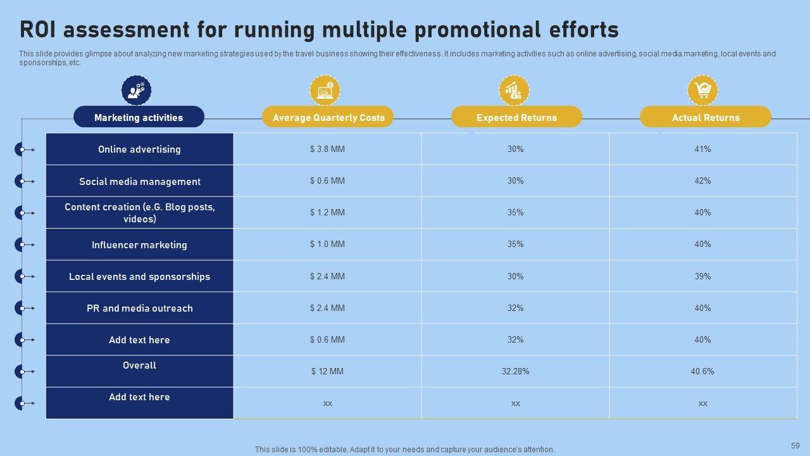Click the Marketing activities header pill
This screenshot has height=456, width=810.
click(139, 117)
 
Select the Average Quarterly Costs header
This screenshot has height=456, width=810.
click(328, 117)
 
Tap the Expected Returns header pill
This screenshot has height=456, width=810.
click(516, 117)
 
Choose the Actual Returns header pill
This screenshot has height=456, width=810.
click(706, 117)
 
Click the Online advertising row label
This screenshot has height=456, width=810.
click(139, 149)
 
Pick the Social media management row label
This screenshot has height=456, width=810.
click(139, 182)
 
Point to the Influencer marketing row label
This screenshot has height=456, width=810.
click(139, 245)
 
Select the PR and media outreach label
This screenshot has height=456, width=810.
click(139, 308)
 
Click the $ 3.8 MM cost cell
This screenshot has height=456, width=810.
click(327, 149)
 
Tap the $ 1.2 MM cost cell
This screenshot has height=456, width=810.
click(327, 213)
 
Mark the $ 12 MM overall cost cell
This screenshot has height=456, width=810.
click(327, 372)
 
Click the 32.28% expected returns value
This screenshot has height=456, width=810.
click(515, 372)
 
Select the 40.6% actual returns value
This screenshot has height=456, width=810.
click(702, 372)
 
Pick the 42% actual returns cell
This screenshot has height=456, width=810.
click(702, 181)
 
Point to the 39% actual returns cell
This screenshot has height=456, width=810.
click(702, 277)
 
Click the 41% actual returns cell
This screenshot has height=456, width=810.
click(702, 149)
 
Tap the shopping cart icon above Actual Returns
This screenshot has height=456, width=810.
click(702, 90)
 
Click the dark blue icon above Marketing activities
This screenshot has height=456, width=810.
click(136, 90)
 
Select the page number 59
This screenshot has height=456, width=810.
click(795, 446)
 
